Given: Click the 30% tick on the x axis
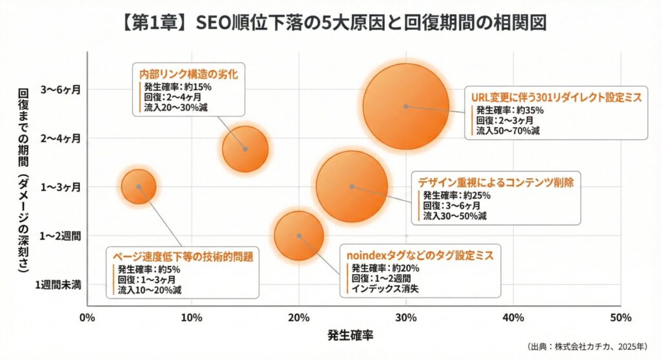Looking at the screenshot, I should click(x=405, y=317).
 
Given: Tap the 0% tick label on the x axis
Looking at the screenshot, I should click(x=86, y=317).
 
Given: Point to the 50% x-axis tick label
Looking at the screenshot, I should click(x=620, y=317).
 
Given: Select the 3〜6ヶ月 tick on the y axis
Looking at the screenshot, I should click(x=63, y=89).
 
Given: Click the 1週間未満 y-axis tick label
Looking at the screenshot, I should click(x=59, y=285).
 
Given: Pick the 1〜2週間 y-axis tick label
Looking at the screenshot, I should click(x=61, y=235).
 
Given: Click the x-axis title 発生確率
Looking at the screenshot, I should click(x=352, y=335).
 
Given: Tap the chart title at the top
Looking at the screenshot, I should click(x=330, y=24).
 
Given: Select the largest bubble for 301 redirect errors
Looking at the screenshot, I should click(x=405, y=106).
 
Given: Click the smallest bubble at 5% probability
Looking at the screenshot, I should click(x=139, y=186).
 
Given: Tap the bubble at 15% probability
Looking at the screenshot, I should click(x=245, y=149).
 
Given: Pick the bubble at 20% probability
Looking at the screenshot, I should click(x=298, y=235).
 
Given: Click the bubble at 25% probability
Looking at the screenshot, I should click(x=352, y=186).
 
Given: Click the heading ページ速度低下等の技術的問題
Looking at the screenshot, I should click(x=183, y=256).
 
